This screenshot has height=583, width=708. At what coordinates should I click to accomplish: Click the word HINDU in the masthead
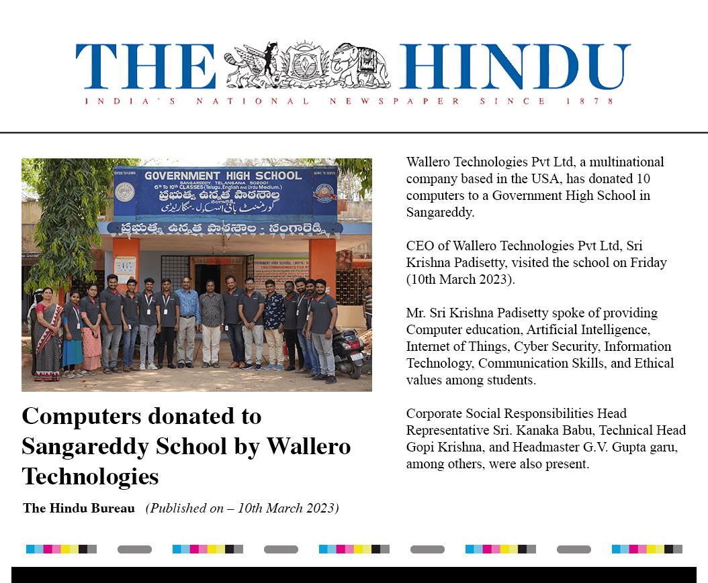515,66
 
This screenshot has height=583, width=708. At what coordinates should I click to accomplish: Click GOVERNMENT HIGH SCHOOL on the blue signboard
223,176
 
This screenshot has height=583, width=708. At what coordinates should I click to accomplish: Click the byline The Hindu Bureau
79,508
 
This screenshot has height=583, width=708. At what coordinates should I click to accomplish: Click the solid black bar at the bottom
354,575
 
